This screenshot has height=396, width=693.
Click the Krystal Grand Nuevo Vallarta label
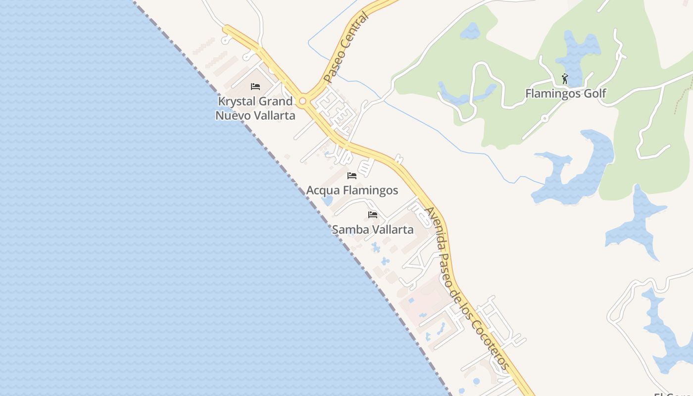tap(255, 108)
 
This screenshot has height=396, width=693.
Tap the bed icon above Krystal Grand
tap(255, 87)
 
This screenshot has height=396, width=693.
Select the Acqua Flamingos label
tap(352, 190)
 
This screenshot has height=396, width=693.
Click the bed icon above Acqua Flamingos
tap(352, 176)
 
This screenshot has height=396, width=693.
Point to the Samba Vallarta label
tap(373, 230)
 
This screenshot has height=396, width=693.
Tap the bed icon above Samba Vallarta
tap(373, 215)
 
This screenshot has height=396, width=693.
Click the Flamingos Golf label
tap(565, 94)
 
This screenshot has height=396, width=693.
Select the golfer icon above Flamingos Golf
tap(565, 79)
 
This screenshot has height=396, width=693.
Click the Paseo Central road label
tap(346, 48)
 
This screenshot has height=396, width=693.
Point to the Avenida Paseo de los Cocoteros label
tap(466, 288)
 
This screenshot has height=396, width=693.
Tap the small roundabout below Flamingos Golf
tap(544, 118)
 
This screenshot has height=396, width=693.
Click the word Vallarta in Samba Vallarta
tap(392, 230)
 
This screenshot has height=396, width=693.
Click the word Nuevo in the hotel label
tap(233, 116)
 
